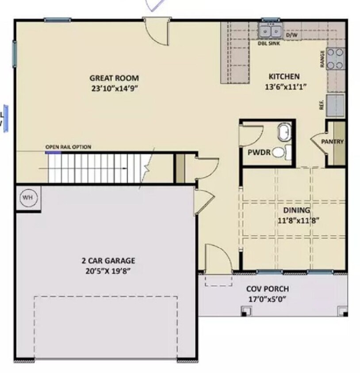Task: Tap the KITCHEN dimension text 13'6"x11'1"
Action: (285, 87)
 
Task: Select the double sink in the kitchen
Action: (271, 32)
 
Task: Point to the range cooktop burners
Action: (336, 58)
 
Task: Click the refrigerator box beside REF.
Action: (335, 105)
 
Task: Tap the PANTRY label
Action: (332, 142)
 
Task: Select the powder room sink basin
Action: (283, 132)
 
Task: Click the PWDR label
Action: (256, 152)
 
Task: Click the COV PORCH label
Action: (267, 289)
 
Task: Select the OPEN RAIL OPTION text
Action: (68, 147)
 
